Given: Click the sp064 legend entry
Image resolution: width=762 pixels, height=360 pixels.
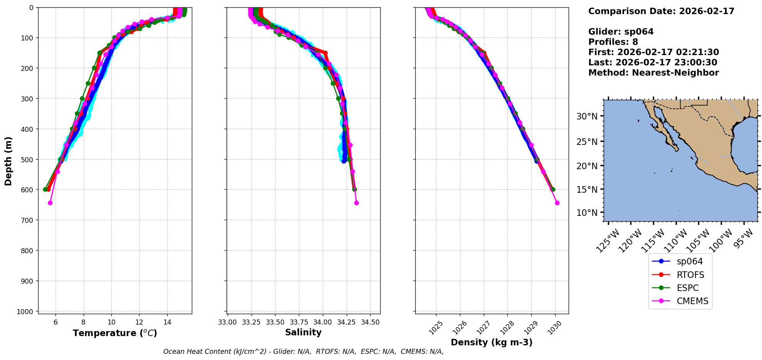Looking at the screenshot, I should pos(689,261).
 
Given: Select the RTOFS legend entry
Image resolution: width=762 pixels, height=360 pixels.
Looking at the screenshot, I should pos(690,275).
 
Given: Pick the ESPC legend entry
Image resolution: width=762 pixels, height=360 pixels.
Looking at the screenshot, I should pos(687,288).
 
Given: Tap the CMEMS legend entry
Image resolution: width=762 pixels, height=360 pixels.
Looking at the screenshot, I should pos(692,301).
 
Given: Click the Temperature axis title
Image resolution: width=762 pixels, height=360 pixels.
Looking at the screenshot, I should pos(115,333).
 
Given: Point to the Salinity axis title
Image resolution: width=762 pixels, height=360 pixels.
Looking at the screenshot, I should pos(303,332).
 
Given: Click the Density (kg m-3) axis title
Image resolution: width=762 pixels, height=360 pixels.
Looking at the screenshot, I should pos(492,342).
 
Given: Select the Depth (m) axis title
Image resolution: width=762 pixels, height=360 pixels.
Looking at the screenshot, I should pos(8,161).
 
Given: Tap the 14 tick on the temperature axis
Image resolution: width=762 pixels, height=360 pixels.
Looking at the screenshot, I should pos(167,322).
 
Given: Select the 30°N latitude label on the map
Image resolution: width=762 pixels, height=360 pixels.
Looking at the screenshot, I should pos(587,116).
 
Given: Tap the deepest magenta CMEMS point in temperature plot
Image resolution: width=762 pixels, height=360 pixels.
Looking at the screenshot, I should pos(50,203).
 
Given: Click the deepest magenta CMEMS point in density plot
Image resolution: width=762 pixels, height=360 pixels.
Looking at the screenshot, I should pos(557,203).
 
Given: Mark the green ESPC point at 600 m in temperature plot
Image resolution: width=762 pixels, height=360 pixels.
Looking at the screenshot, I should pos(45,189).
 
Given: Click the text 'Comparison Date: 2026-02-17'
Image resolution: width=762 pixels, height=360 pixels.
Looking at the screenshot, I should pos(661,11).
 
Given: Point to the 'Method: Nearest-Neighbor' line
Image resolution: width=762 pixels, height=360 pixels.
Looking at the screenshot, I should pos(653,73).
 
